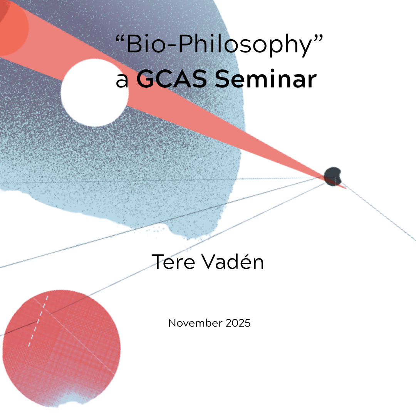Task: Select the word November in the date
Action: pyautogui.click(x=195, y=323)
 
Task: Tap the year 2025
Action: pyautogui.click(x=238, y=323)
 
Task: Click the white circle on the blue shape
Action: pyautogui.click(x=95, y=92)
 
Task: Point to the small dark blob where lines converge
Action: pyautogui.click(x=332, y=176)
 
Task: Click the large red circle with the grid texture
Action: pyautogui.click(x=61, y=348)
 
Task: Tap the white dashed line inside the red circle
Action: pyautogui.click(x=38, y=321)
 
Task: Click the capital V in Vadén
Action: pyautogui.click(x=210, y=262)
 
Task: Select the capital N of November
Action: pyautogui.click(x=172, y=323)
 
